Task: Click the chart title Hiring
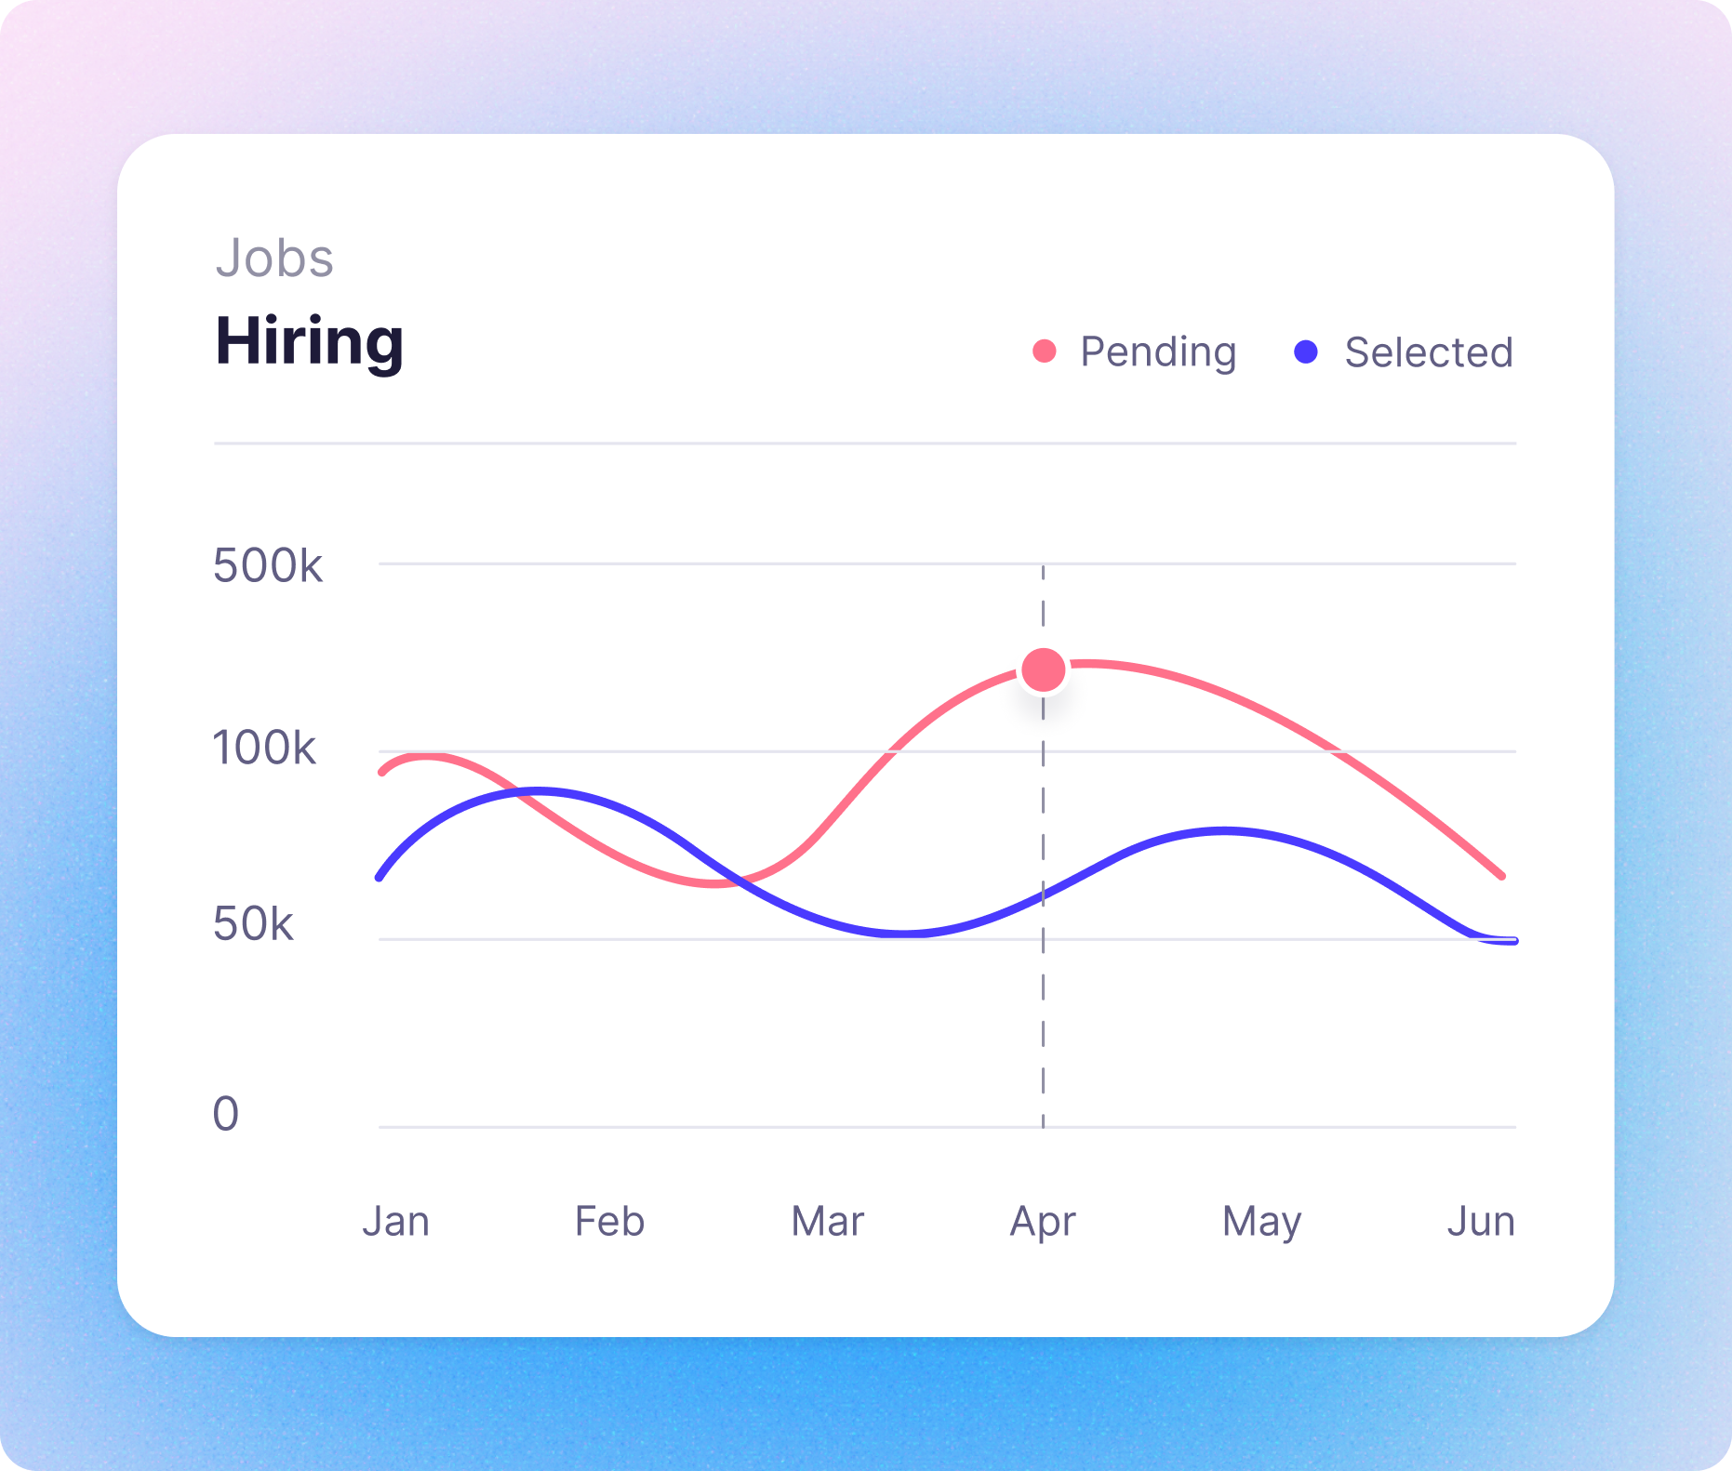[x=309, y=342]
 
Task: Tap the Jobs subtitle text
[x=274, y=258]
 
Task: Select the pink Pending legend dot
[x=1045, y=351]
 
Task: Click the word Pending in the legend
[x=1158, y=352]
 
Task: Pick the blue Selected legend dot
[x=1306, y=351]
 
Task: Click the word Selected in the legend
[x=1428, y=352]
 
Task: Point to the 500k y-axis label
[x=268, y=565]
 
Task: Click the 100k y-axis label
[x=264, y=748]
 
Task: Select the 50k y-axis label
[x=253, y=924]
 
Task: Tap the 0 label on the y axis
[x=226, y=1113]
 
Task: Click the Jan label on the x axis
[x=396, y=1221]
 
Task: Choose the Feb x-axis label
[x=609, y=1221]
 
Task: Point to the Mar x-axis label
[x=827, y=1221]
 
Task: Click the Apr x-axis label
[x=1043, y=1222]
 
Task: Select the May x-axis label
[x=1261, y=1222]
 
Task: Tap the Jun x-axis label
[x=1481, y=1221]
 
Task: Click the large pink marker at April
[x=1043, y=669]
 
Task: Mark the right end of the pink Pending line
[x=1501, y=875]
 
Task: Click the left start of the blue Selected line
[x=380, y=877]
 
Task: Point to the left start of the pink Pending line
[x=382, y=771]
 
